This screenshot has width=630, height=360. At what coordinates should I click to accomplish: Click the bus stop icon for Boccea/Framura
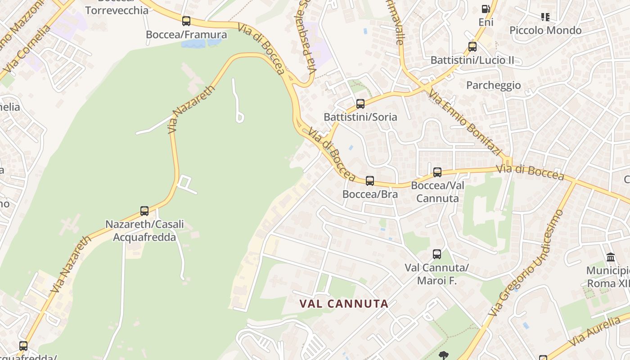pos(186,21)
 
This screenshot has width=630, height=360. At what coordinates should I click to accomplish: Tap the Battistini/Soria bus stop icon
pos(360,104)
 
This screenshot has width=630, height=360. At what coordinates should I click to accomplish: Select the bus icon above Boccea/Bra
pos(369,181)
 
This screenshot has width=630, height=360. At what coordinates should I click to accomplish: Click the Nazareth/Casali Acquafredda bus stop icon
pos(144,211)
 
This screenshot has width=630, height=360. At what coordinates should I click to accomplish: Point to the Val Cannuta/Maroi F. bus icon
pos(436,254)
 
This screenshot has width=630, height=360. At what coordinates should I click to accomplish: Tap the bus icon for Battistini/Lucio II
pos(472,46)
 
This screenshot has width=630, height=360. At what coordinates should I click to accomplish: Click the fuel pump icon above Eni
pos(486,9)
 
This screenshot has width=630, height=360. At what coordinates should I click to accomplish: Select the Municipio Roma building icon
pos(611,257)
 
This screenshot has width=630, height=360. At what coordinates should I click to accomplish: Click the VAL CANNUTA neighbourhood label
pos(344,304)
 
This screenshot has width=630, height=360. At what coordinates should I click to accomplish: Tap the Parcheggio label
pos(493,85)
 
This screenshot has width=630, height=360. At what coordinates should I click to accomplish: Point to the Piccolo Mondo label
pos(545,30)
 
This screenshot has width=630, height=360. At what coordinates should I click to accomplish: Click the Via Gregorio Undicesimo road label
pos(526,263)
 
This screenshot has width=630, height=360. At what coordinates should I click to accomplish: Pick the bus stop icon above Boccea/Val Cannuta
pos(437,172)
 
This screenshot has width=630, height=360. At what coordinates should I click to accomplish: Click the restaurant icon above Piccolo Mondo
pos(545,17)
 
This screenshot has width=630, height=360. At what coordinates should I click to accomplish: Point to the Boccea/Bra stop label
pos(370,194)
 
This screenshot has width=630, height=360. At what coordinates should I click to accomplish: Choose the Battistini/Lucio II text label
pos(472,60)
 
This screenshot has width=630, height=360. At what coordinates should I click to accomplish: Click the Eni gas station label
pos(486,22)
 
